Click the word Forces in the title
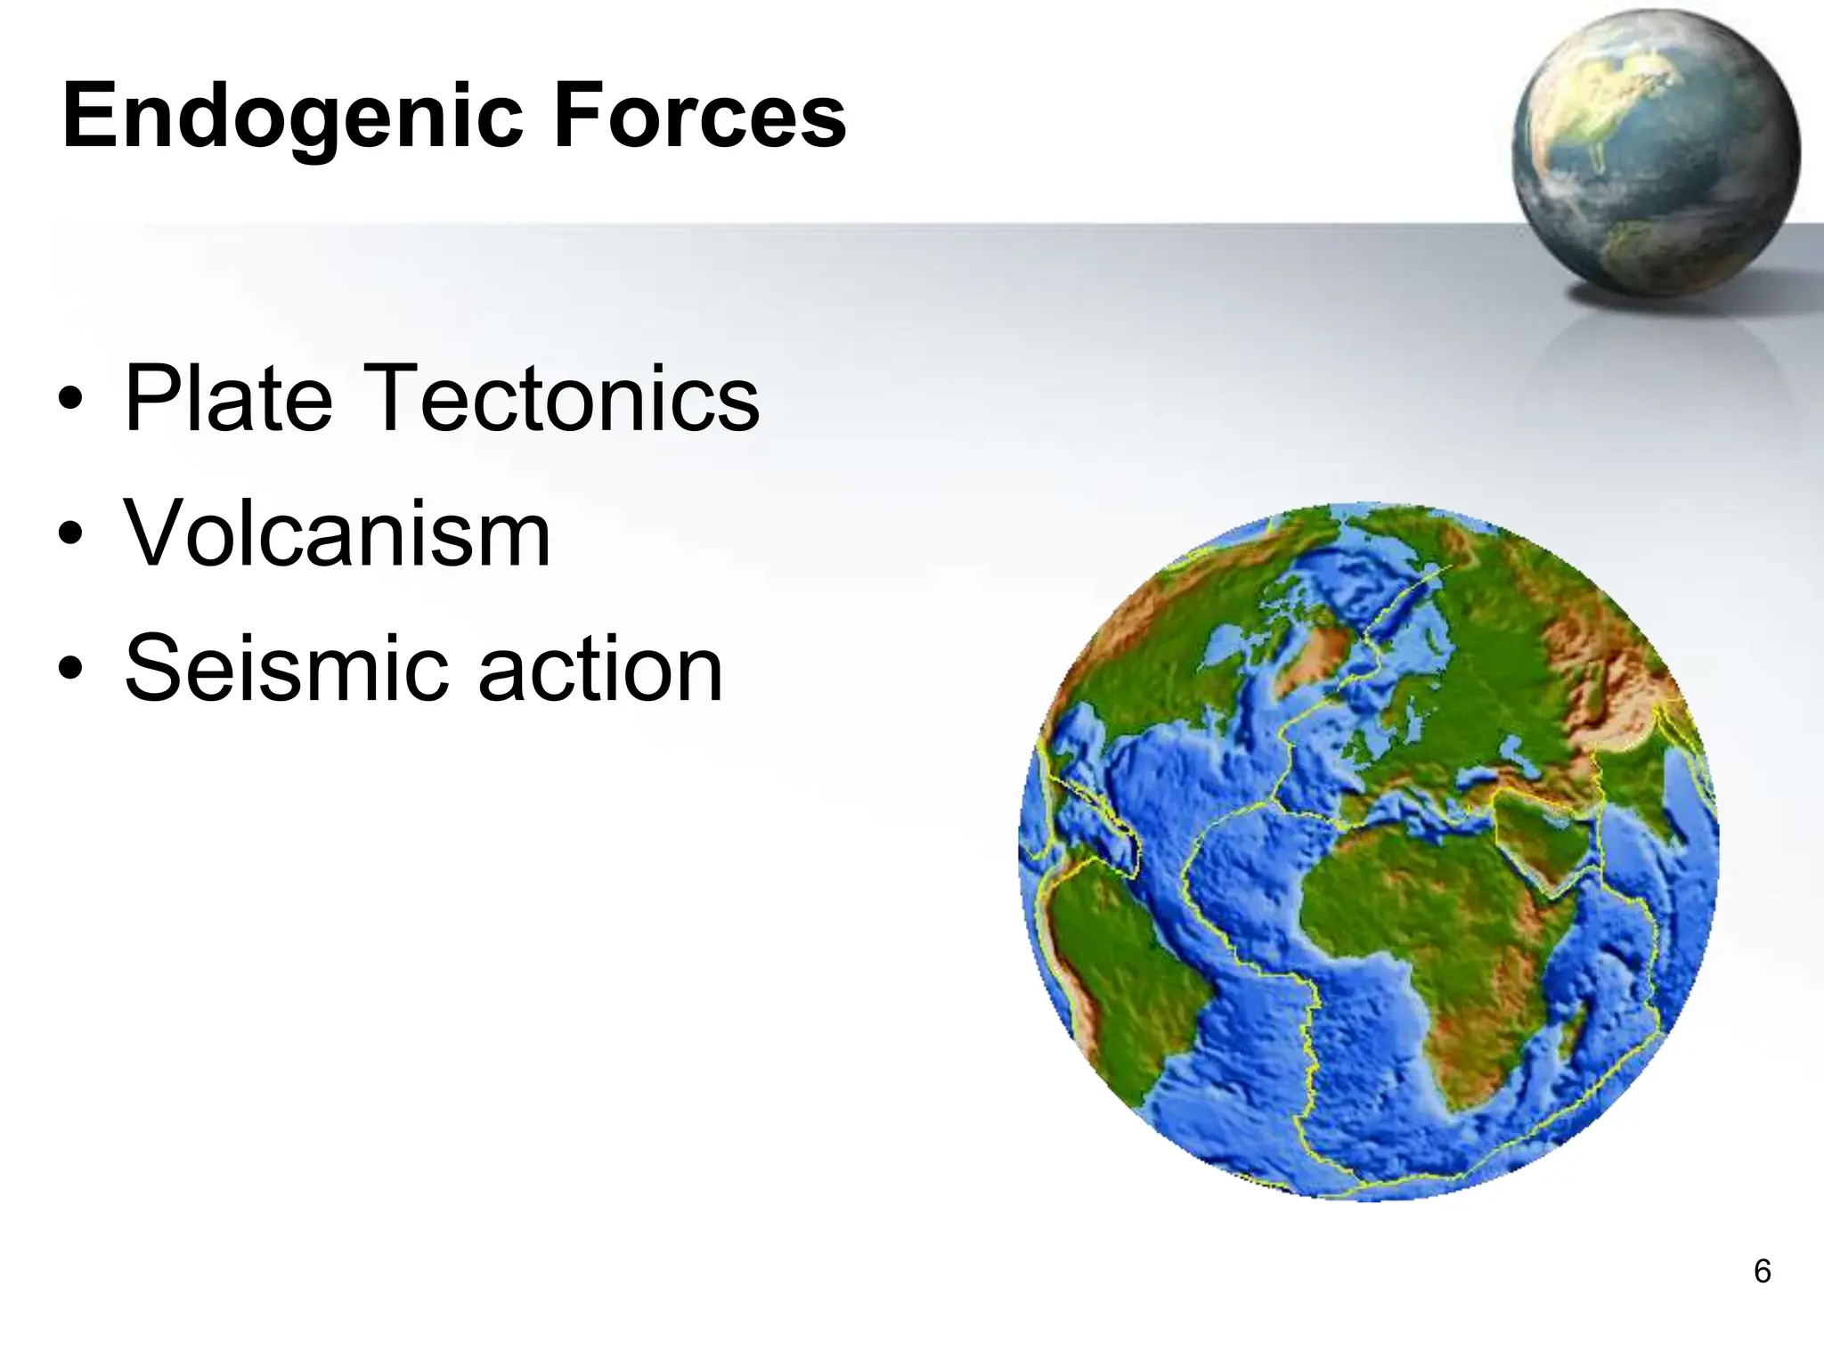[699, 116]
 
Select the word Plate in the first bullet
[228, 399]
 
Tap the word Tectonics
[563, 399]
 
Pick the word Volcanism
[337, 534]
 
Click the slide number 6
[1762, 1271]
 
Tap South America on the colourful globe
[1122, 962]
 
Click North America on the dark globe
[1603, 98]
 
